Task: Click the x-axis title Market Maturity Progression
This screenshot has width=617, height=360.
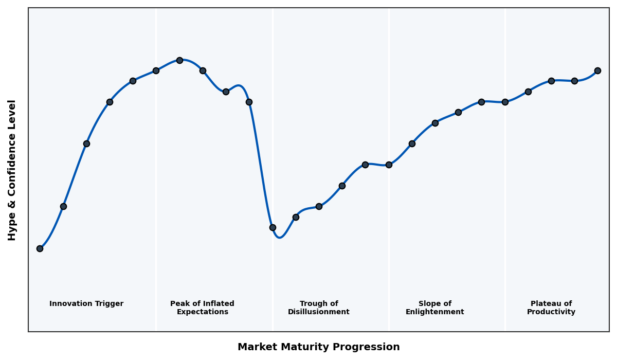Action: click(x=318, y=347)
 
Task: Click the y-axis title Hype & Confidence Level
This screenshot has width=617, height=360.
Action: click(x=12, y=170)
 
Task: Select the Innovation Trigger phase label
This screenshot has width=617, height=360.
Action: click(x=86, y=304)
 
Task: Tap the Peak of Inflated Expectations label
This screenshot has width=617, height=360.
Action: click(x=202, y=308)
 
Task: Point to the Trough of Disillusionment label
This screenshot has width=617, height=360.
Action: click(x=318, y=308)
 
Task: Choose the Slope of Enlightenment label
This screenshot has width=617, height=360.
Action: click(x=434, y=308)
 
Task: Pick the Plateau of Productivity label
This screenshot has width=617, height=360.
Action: click(x=551, y=308)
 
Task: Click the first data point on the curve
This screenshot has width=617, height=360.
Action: click(x=40, y=248)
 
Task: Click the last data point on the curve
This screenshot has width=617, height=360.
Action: click(x=597, y=70)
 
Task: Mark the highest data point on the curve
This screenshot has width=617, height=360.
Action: click(x=179, y=60)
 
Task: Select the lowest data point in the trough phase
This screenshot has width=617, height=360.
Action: click(x=273, y=227)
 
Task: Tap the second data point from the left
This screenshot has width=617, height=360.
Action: click(x=63, y=206)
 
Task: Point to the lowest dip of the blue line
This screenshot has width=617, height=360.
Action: click(x=279, y=238)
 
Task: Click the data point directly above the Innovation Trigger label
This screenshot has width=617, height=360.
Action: click(x=86, y=143)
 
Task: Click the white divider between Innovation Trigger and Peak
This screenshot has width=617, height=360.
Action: click(x=156, y=206)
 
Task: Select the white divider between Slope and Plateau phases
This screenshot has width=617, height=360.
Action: click(x=505, y=206)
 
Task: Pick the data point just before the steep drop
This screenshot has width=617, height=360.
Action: click(x=249, y=102)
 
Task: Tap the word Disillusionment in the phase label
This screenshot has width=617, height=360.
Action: click(x=318, y=312)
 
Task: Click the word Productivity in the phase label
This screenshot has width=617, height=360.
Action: click(x=551, y=312)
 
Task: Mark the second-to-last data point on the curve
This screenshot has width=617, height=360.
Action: click(x=574, y=81)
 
